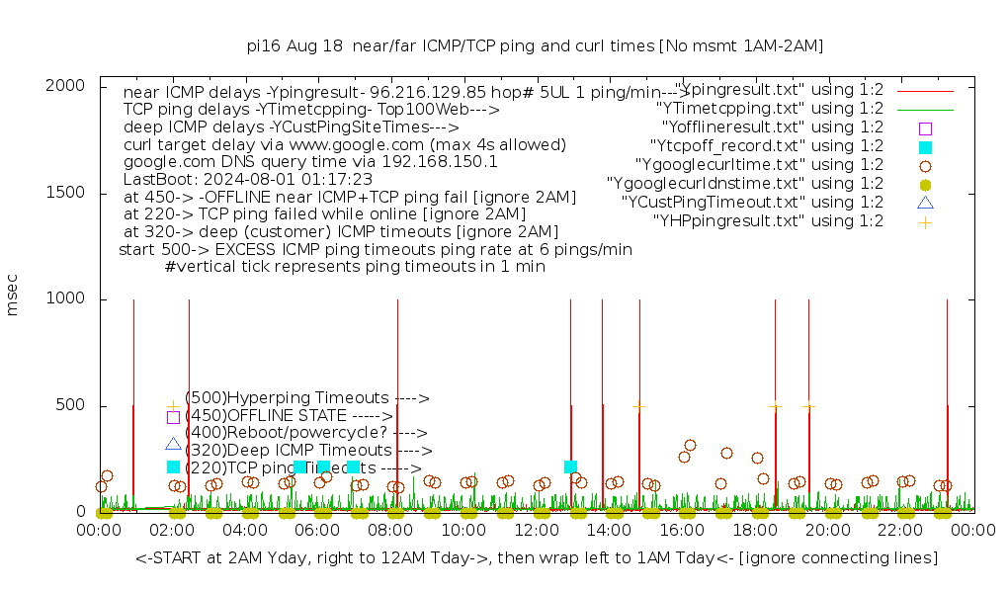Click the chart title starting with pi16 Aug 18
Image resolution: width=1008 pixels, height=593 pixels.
pyautogui.click(x=535, y=46)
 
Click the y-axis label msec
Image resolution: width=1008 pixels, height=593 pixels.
pyautogui.click(x=13, y=297)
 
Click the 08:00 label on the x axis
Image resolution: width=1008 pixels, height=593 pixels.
pyautogui.click(x=390, y=531)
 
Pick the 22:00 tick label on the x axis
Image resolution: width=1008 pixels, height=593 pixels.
pyautogui.click(x=901, y=531)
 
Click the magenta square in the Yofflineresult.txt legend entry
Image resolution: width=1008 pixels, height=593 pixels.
pyautogui.click(x=925, y=128)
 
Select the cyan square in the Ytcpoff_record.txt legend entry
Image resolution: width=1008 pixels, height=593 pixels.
pyautogui.click(x=925, y=147)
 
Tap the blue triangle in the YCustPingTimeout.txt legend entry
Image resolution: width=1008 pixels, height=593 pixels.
pyautogui.click(x=925, y=203)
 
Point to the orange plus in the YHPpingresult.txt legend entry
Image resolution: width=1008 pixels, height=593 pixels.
pyautogui.click(x=925, y=221)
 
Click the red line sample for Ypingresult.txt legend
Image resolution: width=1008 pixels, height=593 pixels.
pyautogui.click(x=925, y=90)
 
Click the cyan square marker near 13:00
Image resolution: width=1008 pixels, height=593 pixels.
pyautogui.click(x=570, y=466)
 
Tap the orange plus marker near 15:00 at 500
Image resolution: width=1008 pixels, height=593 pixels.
pyautogui.click(x=639, y=405)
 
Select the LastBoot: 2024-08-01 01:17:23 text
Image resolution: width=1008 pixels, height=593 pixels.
pyautogui.click(x=248, y=180)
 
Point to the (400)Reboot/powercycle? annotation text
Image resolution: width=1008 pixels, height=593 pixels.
pyautogui.click(x=305, y=433)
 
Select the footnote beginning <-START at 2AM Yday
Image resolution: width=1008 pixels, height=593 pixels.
pyautogui.click(x=537, y=558)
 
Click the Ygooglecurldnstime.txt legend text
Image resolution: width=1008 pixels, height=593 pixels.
pyautogui.click(x=745, y=184)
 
